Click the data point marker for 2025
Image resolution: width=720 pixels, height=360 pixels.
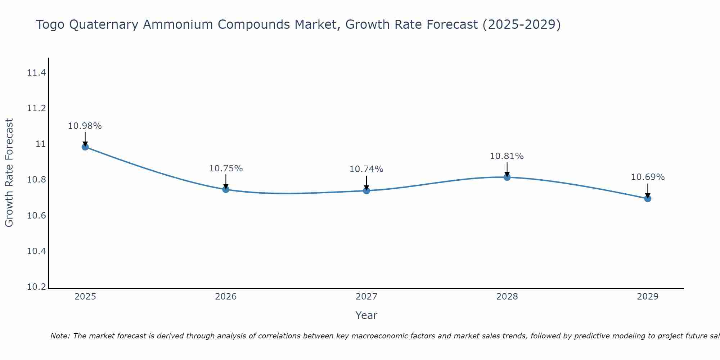tap(85, 147)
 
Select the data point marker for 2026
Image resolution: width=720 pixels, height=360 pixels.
tap(226, 189)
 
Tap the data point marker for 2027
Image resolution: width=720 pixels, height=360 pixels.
tap(366, 190)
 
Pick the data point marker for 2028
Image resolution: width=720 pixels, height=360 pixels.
tap(507, 177)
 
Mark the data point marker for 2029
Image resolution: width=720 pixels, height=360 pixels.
tap(648, 198)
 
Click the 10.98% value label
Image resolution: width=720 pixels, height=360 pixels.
tap(85, 126)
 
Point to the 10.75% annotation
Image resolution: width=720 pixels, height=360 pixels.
tap(226, 168)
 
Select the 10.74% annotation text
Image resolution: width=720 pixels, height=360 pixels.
tap(366, 169)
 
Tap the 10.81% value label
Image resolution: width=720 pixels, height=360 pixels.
tap(507, 156)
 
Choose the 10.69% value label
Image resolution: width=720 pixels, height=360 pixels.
tap(648, 177)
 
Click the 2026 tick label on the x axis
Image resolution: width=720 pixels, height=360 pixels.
tap(226, 297)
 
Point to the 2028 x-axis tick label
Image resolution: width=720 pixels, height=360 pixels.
tap(507, 297)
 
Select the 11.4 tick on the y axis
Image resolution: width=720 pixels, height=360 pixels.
tap(36, 73)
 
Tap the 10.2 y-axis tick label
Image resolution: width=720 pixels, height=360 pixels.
tap(36, 287)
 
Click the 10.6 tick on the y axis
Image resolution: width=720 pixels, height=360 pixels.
tap(36, 216)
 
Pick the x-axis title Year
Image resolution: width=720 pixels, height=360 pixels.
tap(366, 315)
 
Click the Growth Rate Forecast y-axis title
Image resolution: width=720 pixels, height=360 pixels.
tap(9, 173)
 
